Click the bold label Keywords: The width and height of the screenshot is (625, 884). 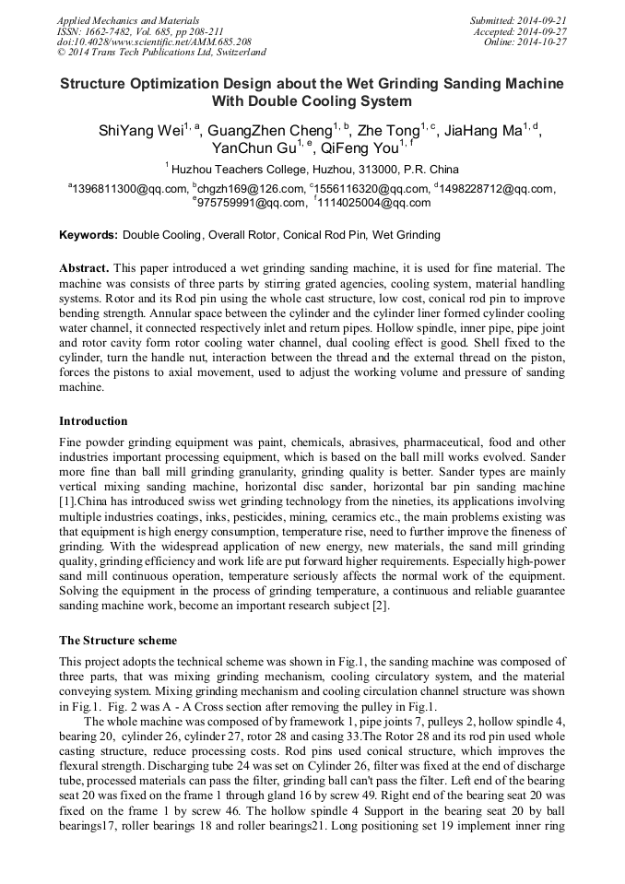(88, 235)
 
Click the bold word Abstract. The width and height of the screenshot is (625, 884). (85, 268)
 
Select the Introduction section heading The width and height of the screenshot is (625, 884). (93, 421)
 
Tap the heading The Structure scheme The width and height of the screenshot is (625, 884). (118, 640)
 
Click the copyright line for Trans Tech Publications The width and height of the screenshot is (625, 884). (161, 53)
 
